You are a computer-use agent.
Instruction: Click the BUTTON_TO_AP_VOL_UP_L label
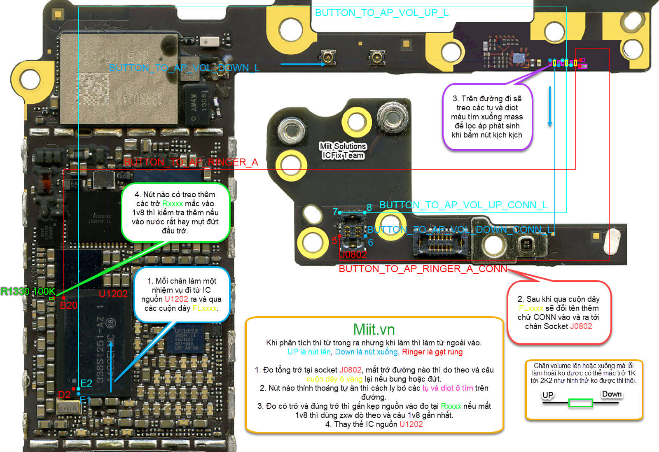click(381, 13)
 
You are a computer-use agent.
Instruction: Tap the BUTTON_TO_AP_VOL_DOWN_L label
click(184, 68)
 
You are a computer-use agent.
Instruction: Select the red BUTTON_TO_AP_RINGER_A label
click(191, 162)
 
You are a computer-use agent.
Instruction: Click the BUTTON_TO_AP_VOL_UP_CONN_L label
click(463, 205)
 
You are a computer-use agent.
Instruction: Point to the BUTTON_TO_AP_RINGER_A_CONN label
click(423, 269)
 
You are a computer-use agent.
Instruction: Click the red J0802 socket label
click(353, 254)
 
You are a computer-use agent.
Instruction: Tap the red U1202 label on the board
click(113, 294)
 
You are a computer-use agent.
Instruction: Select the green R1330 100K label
click(27, 291)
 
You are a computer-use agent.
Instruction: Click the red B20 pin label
click(68, 305)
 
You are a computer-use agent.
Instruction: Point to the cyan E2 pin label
click(86, 383)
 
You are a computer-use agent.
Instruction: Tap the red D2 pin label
click(64, 395)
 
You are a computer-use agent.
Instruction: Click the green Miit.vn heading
click(374, 329)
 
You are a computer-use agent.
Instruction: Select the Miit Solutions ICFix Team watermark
click(343, 151)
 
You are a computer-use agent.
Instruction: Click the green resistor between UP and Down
click(580, 403)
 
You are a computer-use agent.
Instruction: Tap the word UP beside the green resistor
click(547, 395)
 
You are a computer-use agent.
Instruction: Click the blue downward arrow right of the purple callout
click(549, 106)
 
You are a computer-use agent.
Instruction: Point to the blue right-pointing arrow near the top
click(303, 64)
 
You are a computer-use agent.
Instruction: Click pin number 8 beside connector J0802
click(369, 207)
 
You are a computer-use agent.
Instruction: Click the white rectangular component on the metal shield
click(212, 41)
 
